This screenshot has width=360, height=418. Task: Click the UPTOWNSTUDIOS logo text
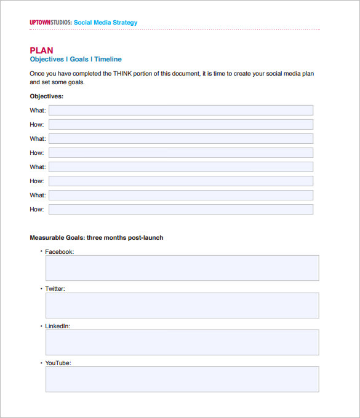coord(50,23)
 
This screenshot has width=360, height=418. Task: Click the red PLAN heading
coord(42,50)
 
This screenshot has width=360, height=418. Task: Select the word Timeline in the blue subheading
coord(108,60)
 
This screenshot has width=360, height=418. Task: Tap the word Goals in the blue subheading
coord(79,60)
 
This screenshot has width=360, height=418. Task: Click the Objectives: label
coord(47,97)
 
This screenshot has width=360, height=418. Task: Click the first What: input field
coord(180,111)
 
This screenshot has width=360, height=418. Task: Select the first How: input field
coord(180,125)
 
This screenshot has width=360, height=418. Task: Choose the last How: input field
coord(180,210)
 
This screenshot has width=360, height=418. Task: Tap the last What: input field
coord(180,195)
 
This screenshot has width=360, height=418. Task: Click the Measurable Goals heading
coord(97,238)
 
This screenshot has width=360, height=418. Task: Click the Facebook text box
coord(182,268)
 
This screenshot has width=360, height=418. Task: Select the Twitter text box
coord(182,306)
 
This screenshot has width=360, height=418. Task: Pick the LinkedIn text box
coord(182,342)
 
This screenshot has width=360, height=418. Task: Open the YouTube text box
coord(182,379)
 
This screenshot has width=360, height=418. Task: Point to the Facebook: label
coord(60,252)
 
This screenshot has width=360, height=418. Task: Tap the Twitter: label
coord(55,289)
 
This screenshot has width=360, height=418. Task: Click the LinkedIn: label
coord(58,326)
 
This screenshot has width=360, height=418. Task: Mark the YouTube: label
coord(58,363)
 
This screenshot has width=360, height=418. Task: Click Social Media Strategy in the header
coord(106,23)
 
